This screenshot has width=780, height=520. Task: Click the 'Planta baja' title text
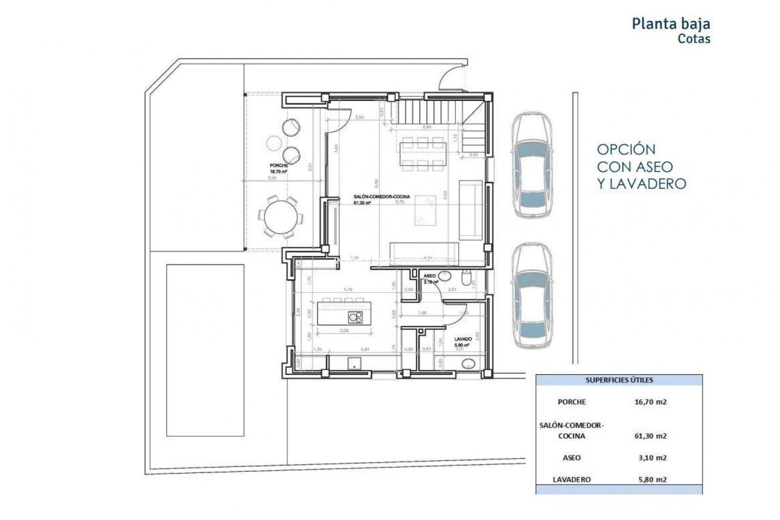[x=671, y=24]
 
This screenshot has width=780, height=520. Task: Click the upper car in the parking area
[x=532, y=166]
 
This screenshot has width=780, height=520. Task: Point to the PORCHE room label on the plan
[x=279, y=166]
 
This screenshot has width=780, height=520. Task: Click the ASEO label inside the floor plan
[x=429, y=276]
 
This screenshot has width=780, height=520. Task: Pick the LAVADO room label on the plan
[x=463, y=339]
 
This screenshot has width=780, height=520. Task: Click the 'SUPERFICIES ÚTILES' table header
[x=619, y=381]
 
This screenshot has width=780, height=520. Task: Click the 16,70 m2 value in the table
[x=650, y=402]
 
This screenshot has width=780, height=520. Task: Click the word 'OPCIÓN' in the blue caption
[x=626, y=149]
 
